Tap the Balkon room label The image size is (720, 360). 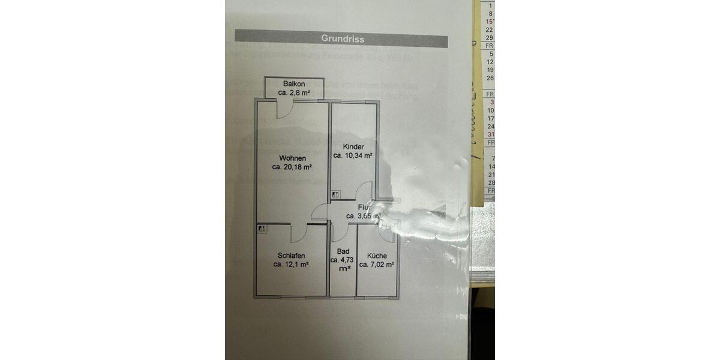295,83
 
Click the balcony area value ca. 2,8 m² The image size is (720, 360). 294,93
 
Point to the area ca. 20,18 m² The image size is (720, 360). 292,168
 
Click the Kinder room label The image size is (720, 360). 353,147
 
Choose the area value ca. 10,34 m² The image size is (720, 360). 353,156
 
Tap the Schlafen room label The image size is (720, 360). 291,255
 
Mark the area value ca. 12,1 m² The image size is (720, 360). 291,264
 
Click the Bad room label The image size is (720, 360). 343,251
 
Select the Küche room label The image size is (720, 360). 377,255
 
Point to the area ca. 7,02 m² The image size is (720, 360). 377,264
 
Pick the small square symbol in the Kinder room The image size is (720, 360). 335,194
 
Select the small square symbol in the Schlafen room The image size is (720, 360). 262,229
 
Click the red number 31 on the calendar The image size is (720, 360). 490,134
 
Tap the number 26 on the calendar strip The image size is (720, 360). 490,78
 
